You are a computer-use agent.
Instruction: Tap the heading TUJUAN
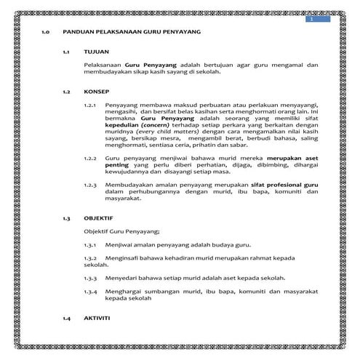95,54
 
